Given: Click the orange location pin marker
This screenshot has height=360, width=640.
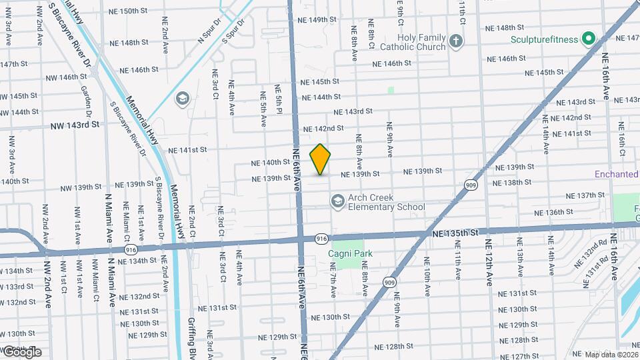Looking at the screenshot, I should click(321, 159).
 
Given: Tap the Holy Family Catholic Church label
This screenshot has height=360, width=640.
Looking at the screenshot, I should click(413, 43).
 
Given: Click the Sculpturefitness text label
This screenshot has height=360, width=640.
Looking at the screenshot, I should click(544, 39).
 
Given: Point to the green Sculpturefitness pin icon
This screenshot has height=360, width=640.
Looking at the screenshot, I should click(589, 39).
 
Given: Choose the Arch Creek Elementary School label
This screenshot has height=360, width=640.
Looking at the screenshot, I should click(387, 202).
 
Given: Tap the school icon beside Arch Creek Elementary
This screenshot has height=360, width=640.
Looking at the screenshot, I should click(338, 201).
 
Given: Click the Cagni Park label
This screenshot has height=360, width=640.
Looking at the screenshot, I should click(350, 253).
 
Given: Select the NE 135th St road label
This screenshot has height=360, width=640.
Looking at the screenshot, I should click(455, 233).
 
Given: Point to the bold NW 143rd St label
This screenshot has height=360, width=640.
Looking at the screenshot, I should click(75, 125).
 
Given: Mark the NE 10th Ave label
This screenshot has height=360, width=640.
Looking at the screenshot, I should click(427, 280).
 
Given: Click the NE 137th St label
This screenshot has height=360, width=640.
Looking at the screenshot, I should click(585, 195).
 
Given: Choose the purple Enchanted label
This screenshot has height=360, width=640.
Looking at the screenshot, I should click(617, 174).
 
